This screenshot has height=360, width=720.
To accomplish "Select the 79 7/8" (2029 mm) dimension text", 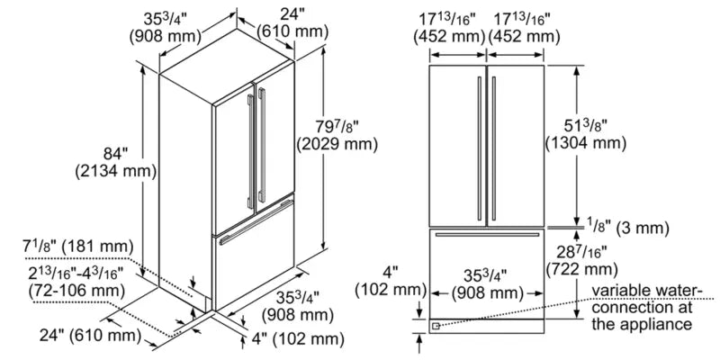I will [336, 133].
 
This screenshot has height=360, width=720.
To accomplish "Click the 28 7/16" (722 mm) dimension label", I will [586, 260].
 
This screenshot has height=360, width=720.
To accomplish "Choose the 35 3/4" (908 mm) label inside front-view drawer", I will [487, 283].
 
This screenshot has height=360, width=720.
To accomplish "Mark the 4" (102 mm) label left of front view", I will [390, 280].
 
